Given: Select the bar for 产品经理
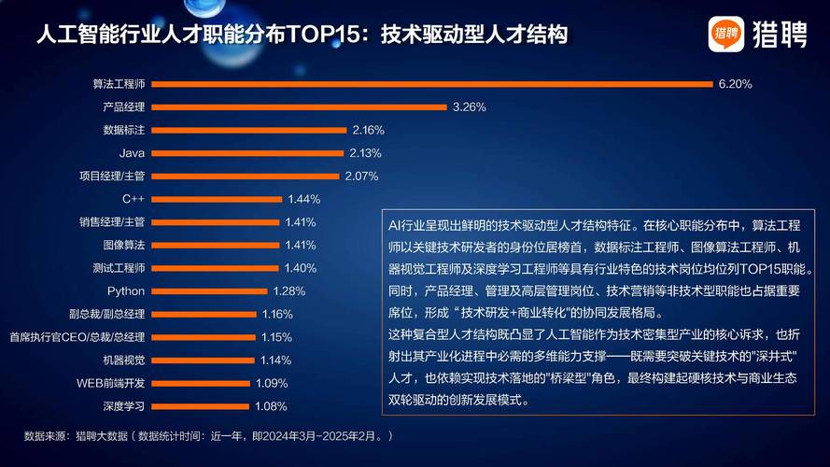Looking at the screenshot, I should (299, 106).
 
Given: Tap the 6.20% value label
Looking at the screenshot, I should (735, 83).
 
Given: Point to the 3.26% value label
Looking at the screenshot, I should (469, 106).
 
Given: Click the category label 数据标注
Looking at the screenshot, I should (123, 130).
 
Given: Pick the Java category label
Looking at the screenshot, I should (132, 152).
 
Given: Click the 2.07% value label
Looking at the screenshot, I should (361, 176).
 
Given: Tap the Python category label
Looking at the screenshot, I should (126, 290).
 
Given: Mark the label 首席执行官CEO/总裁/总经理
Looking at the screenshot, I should (77, 336).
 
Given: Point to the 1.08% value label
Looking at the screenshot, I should (271, 406).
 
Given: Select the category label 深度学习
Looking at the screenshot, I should (123, 406).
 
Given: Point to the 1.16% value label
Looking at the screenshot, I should (277, 314).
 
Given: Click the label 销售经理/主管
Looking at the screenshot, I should (112, 221).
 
